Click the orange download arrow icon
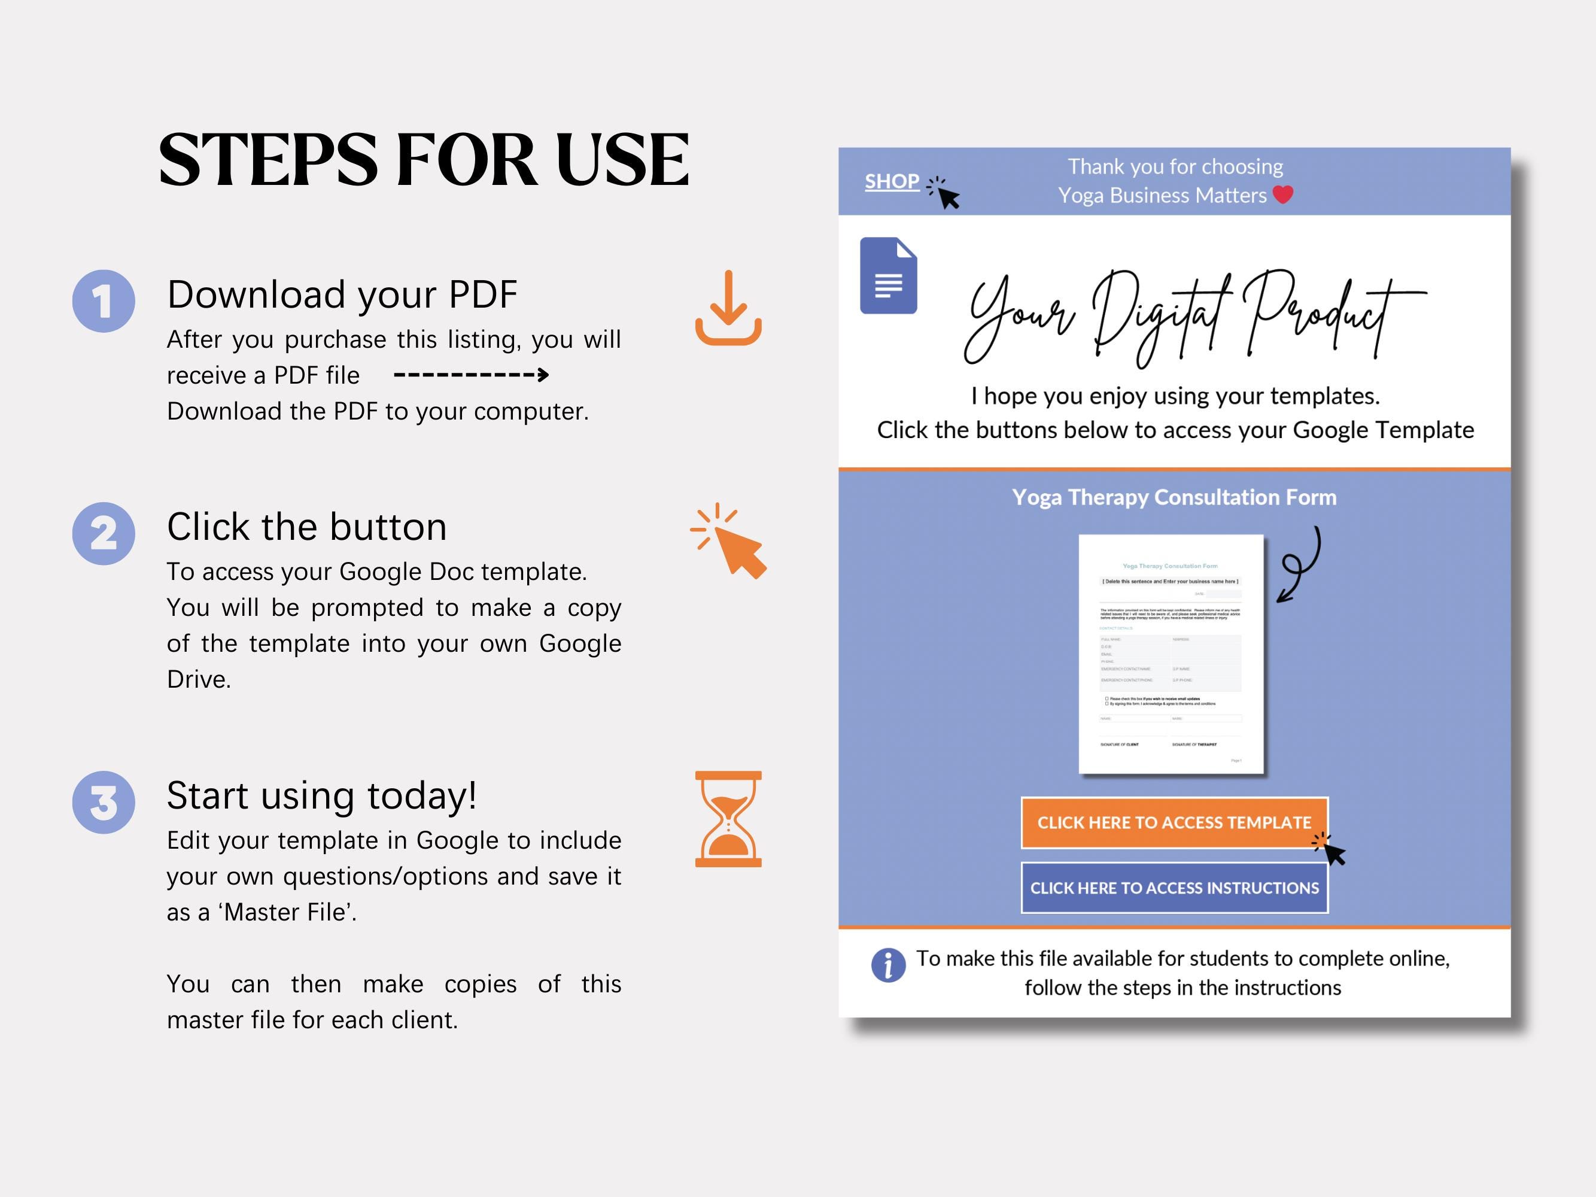coord(728,308)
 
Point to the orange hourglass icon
coord(728,819)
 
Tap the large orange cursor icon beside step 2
coord(730,542)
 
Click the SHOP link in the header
coord(892,182)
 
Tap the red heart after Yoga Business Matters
coord(1282,195)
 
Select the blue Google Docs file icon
coord(888,276)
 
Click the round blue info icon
coord(888,965)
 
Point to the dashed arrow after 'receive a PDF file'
coord(471,375)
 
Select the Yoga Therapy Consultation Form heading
coord(1174,497)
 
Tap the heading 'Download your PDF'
coord(342,294)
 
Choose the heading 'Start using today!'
coord(322,795)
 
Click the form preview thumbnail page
coord(1171,654)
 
